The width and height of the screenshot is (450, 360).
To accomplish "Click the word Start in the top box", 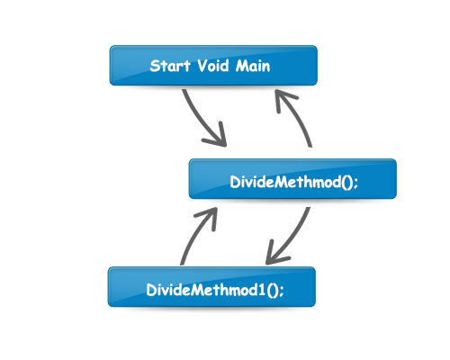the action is point(170,66).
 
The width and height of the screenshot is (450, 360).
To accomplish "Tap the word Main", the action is point(253,66).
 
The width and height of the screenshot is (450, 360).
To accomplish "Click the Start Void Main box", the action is point(213,66).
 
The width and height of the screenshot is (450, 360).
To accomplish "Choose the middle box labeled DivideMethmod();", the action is point(292,179).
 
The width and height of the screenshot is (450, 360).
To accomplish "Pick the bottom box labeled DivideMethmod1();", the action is point(211,287).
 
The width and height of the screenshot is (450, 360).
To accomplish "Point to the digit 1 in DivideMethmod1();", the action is point(262,290).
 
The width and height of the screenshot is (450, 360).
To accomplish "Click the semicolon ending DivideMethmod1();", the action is point(281,291).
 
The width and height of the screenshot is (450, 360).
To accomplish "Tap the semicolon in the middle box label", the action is point(355,183).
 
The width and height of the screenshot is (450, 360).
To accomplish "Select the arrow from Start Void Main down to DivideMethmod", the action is point(201,121).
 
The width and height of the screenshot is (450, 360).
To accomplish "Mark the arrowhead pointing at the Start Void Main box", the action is point(283,99).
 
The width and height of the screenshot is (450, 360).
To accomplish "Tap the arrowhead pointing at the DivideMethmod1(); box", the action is point(274,255).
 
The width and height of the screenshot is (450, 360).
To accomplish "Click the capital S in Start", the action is point(154,66).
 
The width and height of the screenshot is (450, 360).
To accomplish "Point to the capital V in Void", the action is point(203,66).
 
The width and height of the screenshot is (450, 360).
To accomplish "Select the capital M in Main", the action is point(242,66).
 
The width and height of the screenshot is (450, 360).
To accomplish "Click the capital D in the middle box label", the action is point(236,182).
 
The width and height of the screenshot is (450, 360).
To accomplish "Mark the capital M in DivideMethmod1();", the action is point(197,290).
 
